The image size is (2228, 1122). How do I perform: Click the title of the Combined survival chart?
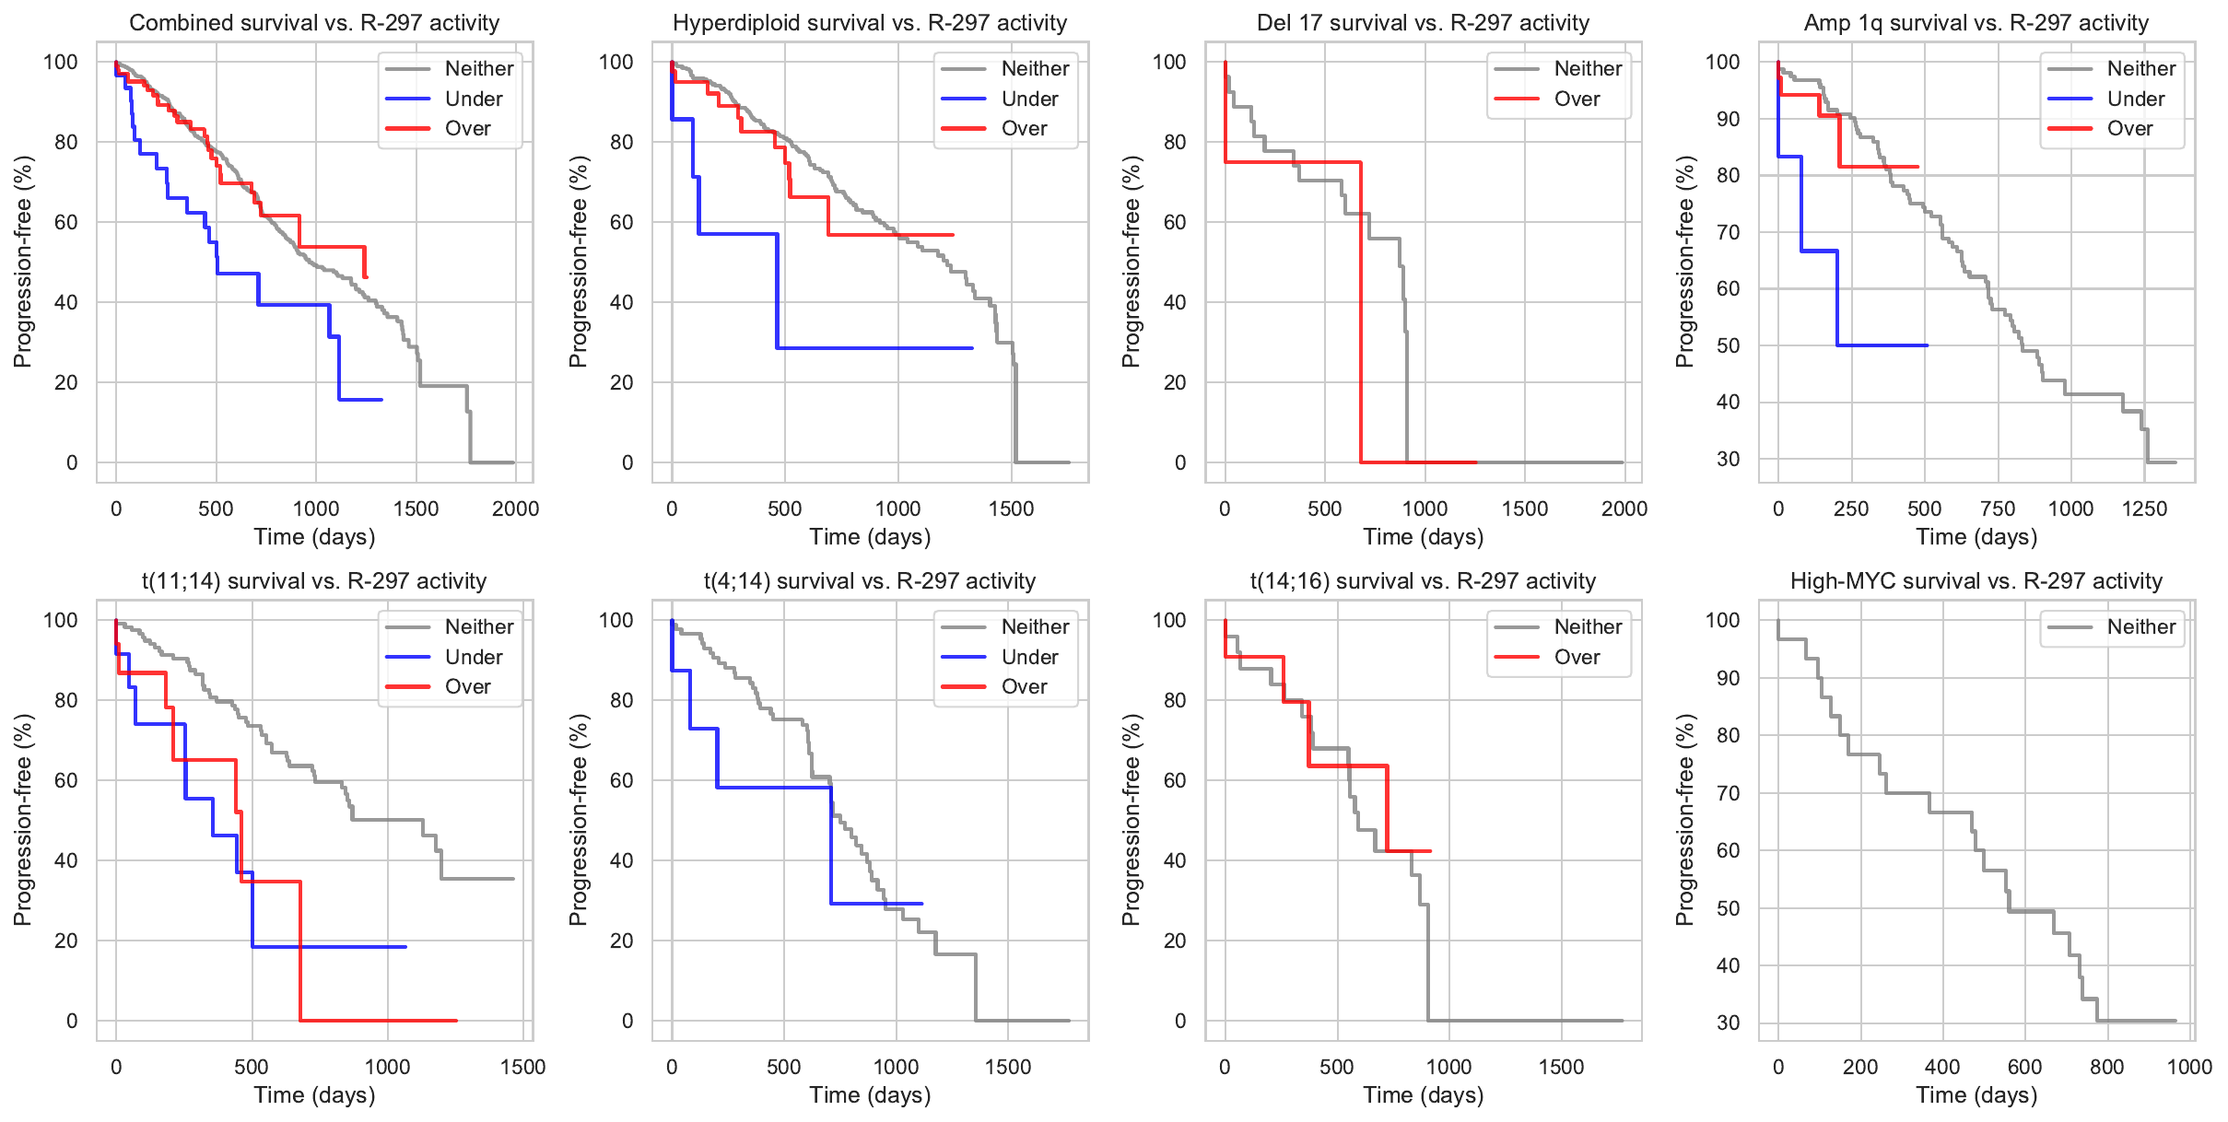314,22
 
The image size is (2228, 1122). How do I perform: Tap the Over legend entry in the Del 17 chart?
1577,99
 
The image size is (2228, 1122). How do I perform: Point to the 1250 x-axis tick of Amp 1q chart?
2144,508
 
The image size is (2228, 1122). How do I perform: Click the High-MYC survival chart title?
1976,580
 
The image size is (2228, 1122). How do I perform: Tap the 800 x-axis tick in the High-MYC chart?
2106,1067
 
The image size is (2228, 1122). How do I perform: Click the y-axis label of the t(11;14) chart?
22,819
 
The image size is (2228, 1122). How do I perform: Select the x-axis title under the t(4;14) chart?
870,1094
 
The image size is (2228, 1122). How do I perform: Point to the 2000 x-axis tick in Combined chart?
515,508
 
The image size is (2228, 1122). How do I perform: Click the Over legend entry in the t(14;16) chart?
1577,657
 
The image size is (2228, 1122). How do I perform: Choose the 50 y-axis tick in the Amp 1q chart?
1728,345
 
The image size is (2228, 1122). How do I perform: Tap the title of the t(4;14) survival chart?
870,580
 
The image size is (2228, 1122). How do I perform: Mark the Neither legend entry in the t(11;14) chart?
479,626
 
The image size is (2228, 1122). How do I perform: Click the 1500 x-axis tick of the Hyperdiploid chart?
1012,508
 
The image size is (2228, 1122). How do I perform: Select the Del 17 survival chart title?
1423,22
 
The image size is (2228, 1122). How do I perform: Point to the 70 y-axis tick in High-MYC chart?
1728,793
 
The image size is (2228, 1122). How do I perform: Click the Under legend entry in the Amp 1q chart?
2135,99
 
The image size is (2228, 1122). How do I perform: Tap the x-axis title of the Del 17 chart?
1423,536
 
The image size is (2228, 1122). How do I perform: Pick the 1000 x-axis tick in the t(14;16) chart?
1448,1067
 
